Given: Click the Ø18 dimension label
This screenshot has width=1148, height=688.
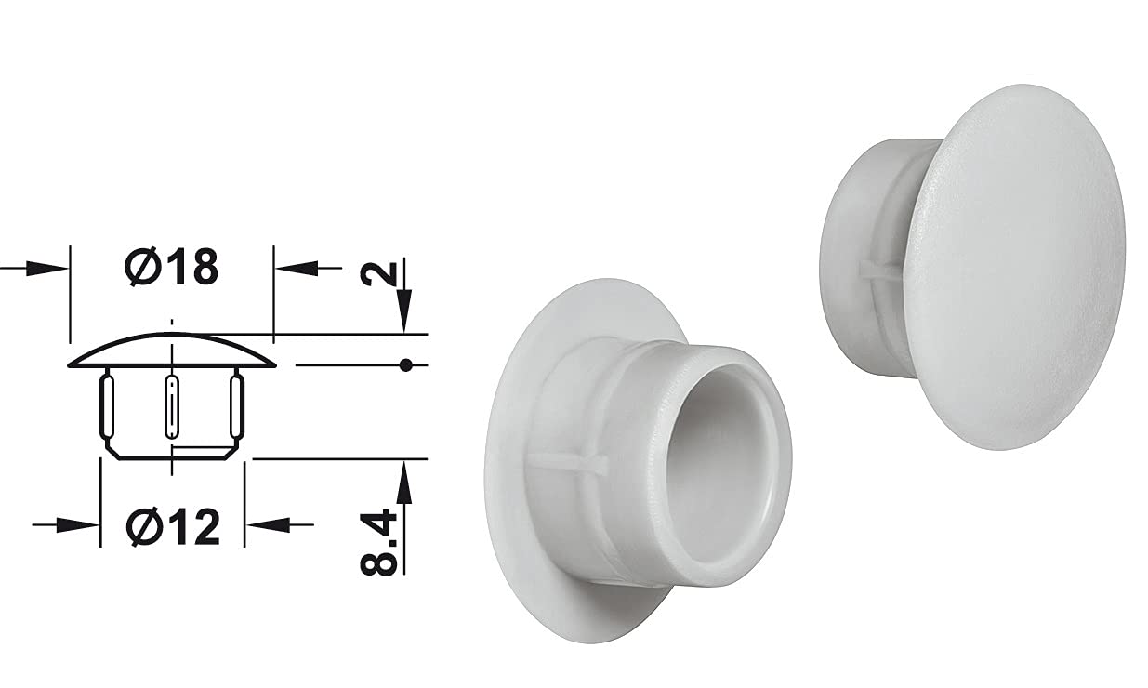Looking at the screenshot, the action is tap(171, 267).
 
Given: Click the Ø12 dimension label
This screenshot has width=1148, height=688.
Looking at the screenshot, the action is tap(173, 527).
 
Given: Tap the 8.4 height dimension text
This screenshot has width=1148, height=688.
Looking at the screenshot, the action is tap(378, 543).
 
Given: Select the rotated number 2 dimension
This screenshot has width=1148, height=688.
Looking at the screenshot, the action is tap(378, 274).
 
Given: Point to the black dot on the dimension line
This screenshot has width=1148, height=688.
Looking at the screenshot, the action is tap(406, 365).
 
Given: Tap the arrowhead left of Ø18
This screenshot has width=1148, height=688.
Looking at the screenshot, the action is tap(46, 268).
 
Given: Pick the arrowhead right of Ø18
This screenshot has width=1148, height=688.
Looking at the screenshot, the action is tap(297, 268).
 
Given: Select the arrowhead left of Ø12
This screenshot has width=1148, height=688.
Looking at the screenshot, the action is tap(77, 525).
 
